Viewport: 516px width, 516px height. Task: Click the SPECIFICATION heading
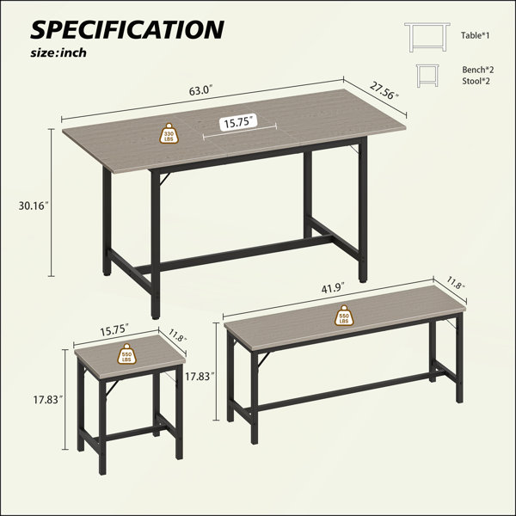click(127, 29)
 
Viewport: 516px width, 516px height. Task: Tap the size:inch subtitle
click(58, 52)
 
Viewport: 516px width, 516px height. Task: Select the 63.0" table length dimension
click(201, 90)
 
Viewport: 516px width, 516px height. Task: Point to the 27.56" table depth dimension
click(384, 90)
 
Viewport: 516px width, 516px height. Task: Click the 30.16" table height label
click(34, 206)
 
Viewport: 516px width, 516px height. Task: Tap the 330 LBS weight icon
click(169, 133)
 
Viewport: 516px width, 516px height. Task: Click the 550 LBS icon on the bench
click(344, 316)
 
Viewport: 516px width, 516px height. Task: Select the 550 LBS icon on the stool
click(126, 353)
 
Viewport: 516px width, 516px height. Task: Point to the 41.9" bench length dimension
click(333, 287)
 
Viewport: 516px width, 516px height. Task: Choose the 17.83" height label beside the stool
click(48, 400)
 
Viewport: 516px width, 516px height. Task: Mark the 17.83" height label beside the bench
click(200, 376)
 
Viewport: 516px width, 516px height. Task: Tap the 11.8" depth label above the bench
click(456, 283)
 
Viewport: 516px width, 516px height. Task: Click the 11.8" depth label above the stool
click(178, 335)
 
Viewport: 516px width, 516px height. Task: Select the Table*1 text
click(476, 35)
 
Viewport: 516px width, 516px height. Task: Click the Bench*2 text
click(478, 70)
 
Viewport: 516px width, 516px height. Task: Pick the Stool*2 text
click(476, 81)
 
